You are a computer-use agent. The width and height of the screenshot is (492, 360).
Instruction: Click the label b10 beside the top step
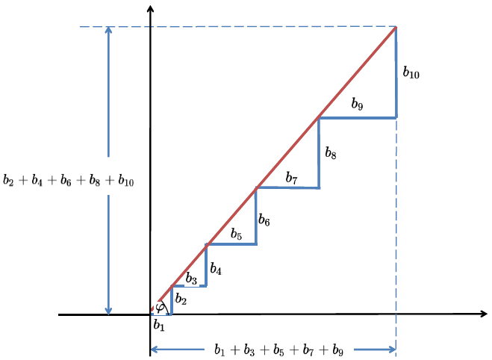tap(411, 73)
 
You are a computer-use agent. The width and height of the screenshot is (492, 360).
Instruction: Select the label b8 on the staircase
tap(331, 155)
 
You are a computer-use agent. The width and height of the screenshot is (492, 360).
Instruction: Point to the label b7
tap(291, 179)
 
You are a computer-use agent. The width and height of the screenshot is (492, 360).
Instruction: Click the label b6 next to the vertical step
tap(264, 220)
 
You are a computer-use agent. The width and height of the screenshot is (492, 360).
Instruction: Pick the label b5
tap(236, 235)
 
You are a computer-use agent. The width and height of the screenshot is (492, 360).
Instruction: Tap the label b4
tap(216, 269)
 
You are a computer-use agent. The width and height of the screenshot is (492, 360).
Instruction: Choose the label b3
tap(191, 279)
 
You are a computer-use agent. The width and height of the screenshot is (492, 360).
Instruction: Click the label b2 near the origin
tap(181, 299)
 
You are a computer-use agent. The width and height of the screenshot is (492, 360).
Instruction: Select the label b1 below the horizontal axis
tap(158, 325)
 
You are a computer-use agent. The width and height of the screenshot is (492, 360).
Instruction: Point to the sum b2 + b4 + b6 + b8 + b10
tap(68, 181)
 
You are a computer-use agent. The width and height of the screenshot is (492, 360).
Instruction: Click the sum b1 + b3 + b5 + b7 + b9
tap(278, 350)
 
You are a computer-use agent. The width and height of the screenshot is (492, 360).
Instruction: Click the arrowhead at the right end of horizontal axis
tap(484, 314)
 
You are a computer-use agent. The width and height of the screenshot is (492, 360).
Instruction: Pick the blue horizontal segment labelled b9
tap(357, 117)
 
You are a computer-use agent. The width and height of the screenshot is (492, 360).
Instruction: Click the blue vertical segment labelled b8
tap(319, 152)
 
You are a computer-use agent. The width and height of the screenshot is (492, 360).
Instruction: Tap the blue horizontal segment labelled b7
tap(287, 187)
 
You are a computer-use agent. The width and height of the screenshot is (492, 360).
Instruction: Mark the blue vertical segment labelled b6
tap(256, 216)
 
